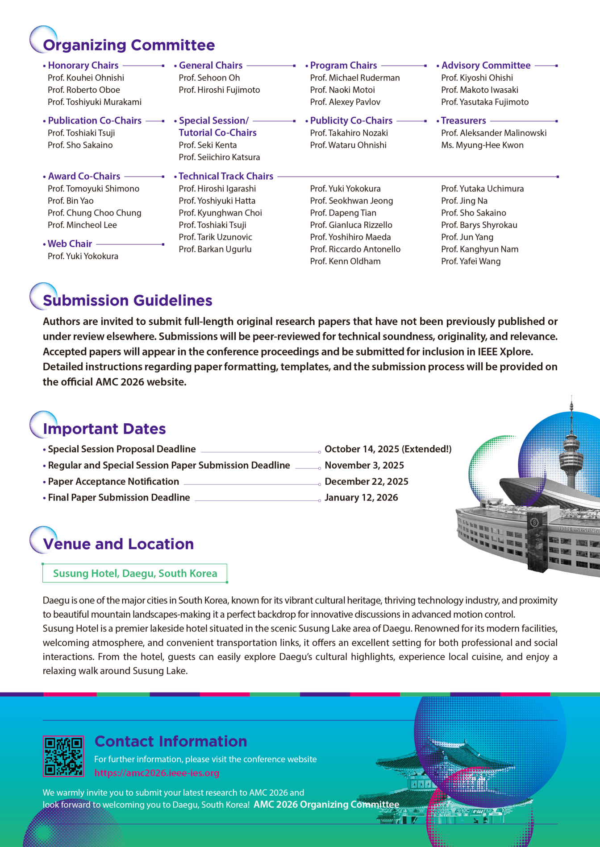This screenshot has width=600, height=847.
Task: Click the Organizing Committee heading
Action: pos(129,45)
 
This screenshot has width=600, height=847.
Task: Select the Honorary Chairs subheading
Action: pos(83,66)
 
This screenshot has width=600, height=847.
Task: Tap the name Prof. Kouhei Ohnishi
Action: pos(86,78)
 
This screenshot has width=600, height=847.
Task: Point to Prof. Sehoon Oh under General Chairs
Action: pos(209,78)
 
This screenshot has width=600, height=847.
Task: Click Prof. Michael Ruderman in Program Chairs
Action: pos(354,78)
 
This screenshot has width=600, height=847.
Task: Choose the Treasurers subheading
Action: pos(463,121)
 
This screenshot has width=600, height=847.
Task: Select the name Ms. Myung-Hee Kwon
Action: pos(482,145)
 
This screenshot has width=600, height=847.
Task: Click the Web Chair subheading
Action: pos(70,244)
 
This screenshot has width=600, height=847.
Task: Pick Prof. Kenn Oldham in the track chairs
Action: pos(345,261)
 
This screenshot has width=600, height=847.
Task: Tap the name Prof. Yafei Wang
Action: pos(471,261)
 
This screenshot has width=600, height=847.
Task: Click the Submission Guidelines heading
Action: pos(127,301)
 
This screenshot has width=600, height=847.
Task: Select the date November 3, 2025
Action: pos(364,465)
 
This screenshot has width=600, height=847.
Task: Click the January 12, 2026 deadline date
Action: pos(361,498)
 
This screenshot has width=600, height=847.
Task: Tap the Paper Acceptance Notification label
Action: pos(113,482)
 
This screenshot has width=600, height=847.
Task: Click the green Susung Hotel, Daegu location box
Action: pos(135,573)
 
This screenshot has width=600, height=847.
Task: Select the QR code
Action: pos(63,756)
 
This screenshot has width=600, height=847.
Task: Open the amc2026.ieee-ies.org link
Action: pos(157,773)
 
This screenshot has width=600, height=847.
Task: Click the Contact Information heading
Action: pos(171,741)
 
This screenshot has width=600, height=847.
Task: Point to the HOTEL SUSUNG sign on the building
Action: pos(578,530)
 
